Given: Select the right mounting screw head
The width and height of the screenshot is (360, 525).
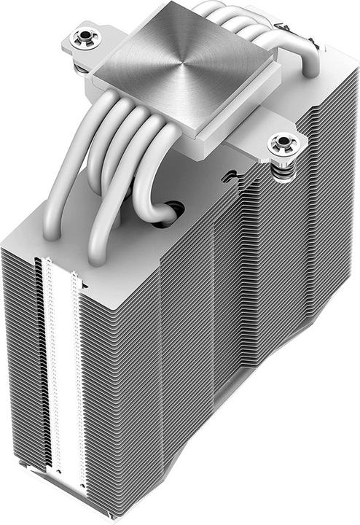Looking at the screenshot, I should [281, 144].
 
